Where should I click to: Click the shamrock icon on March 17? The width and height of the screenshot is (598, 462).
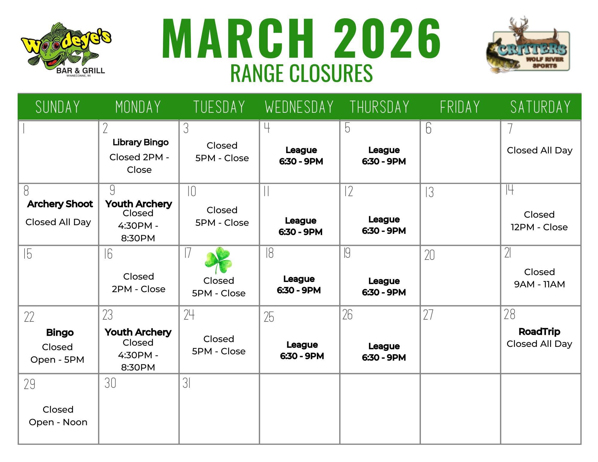218,260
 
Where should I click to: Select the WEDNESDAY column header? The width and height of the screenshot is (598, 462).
299,107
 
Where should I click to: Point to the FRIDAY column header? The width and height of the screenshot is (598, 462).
460,107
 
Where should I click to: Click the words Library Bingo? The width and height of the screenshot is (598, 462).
141,142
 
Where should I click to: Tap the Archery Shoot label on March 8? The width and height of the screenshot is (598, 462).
60,204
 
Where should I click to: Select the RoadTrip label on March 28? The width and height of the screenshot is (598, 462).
539,332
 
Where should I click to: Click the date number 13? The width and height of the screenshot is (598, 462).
430,192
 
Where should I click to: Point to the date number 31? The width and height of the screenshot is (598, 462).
187,383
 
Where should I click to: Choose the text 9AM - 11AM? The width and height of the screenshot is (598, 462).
539,284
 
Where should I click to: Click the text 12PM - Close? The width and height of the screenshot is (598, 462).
539,227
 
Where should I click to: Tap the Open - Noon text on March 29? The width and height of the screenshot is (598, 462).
58,422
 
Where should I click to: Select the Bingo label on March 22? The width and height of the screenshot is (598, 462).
60,333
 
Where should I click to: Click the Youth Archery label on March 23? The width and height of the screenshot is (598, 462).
138,332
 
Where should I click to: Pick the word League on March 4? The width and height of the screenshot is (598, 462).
301,150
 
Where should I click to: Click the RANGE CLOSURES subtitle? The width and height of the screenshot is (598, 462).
302,73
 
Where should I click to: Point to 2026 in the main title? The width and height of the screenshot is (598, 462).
387,38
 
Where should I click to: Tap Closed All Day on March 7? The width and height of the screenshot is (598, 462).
540,150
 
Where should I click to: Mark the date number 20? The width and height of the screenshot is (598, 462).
430,255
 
